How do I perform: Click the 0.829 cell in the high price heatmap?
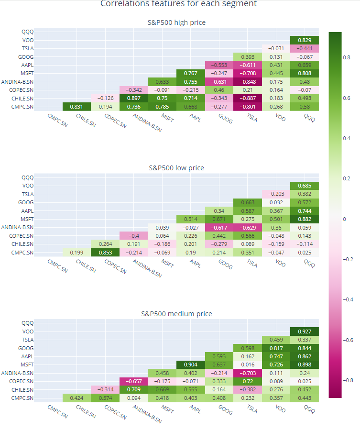click(x=305, y=40)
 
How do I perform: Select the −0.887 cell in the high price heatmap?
click(x=248, y=98)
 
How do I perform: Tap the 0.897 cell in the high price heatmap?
click(x=133, y=98)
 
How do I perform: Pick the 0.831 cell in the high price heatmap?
click(x=76, y=106)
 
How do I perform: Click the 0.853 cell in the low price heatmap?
click(x=105, y=252)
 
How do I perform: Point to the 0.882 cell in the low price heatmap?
click(x=305, y=219)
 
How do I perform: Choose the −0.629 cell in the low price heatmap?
click(x=248, y=227)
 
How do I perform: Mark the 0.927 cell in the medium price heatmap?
click(x=305, y=332)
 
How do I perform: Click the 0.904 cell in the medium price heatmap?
click(x=190, y=365)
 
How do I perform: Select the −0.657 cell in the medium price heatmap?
click(x=133, y=381)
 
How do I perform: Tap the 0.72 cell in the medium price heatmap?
click(x=248, y=381)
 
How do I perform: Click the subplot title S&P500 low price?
click(x=176, y=168)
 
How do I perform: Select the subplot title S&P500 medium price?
click(x=176, y=314)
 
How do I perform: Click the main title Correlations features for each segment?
click(x=178, y=4)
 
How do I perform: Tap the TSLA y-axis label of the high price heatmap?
click(x=27, y=48)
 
